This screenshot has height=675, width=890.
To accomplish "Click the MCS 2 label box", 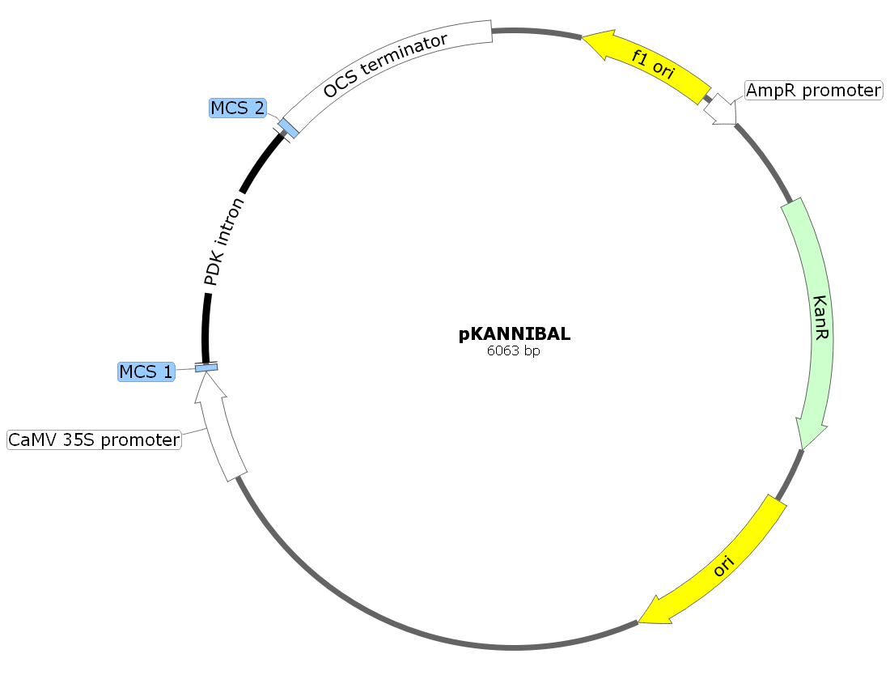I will tap(238, 108).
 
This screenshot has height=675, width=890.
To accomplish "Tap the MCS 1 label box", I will tap(146, 371).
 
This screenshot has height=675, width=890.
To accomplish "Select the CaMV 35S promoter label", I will tap(93, 440).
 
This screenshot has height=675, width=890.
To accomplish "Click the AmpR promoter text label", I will tap(812, 90).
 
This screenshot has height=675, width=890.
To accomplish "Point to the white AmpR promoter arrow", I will tap(720, 109).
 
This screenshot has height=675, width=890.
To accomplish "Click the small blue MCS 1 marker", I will tap(206, 368).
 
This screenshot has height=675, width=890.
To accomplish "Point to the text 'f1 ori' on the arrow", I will tap(653, 64).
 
